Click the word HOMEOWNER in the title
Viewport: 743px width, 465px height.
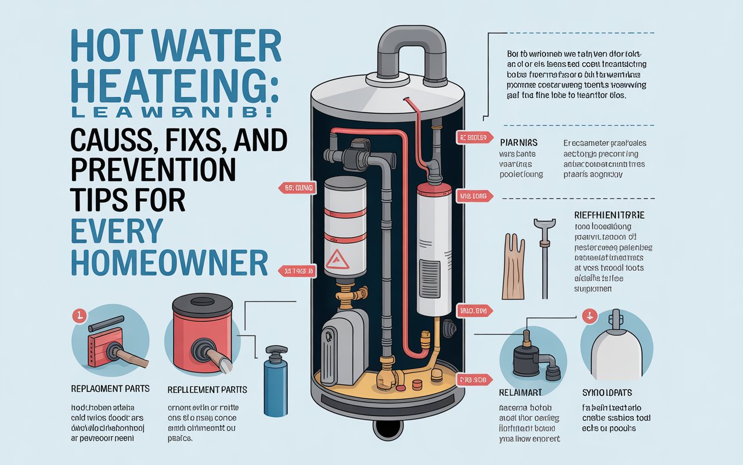[169, 262]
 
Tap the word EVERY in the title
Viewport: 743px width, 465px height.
[116, 231]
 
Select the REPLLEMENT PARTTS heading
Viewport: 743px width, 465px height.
[207, 389]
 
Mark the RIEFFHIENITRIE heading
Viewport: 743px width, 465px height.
[609, 215]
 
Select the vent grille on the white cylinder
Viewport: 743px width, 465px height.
[431, 272]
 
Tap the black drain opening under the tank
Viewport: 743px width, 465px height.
[388, 429]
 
